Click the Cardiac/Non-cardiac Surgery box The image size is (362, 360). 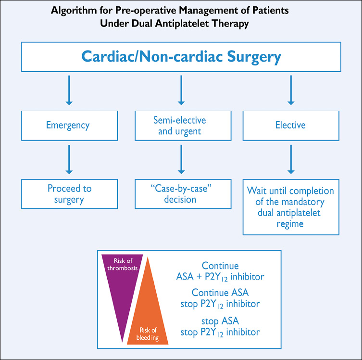(181, 56)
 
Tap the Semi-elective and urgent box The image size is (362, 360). (181, 125)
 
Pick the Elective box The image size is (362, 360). (290, 125)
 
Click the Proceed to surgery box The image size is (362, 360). (69, 193)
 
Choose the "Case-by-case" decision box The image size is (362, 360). (181, 193)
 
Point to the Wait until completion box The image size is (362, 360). (290, 207)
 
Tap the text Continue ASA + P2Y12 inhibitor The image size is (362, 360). (220, 271)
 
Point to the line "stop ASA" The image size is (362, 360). (220, 321)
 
